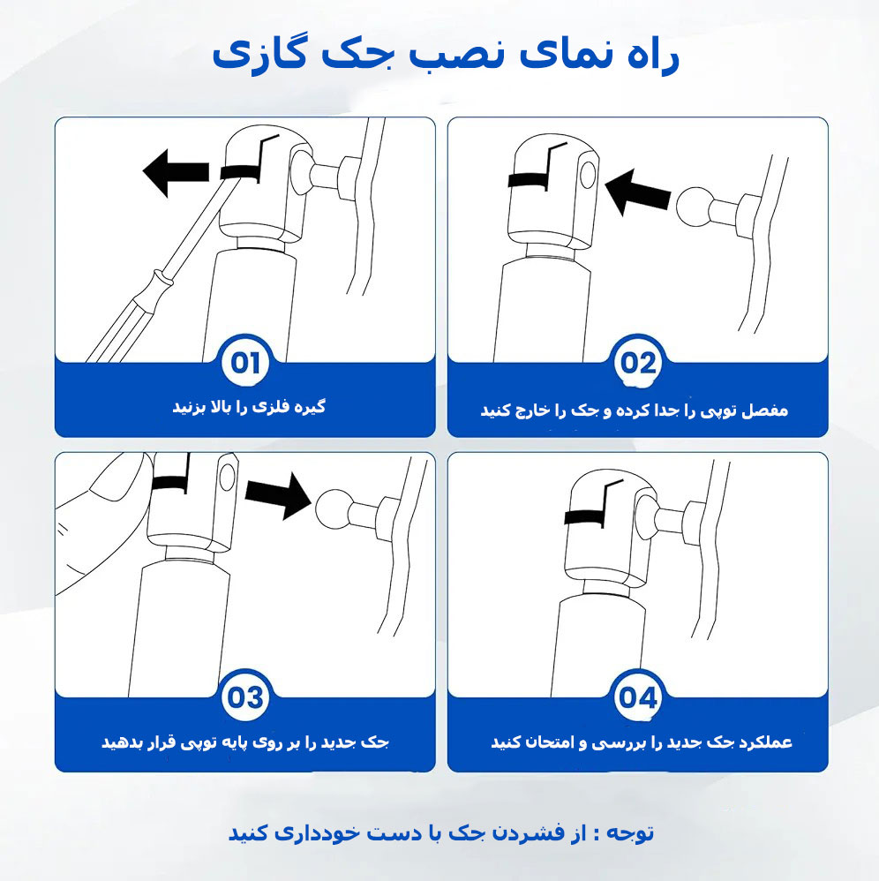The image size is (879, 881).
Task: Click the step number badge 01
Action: coord(244,363)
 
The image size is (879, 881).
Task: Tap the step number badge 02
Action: coord(637,363)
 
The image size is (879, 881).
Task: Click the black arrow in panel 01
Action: coord(176,172)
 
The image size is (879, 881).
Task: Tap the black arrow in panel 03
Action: coord(278,494)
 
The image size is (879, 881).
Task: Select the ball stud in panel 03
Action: coord(356,510)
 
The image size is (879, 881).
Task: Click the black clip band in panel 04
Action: coord(585,516)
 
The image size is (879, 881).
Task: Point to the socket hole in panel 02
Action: coord(588,176)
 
